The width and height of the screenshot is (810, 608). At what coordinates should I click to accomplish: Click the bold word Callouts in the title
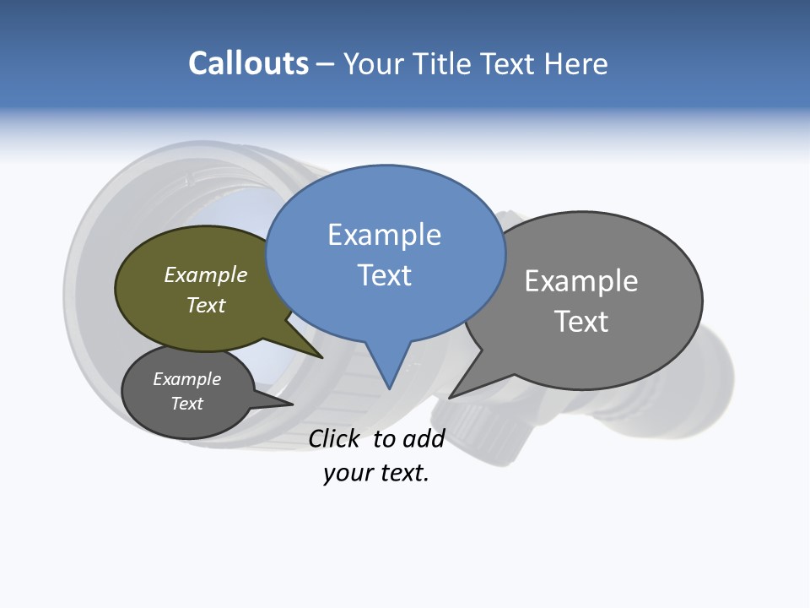pos(248,63)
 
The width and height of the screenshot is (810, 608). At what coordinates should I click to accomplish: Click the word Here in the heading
pos(576,63)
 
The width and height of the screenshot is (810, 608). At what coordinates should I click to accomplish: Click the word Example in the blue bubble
pos(384,235)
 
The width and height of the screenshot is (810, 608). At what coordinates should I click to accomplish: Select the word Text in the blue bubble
pos(384,275)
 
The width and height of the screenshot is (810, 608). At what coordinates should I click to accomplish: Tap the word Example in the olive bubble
pos(206,275)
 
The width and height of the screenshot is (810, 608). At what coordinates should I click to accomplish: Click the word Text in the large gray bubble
pos(581,322)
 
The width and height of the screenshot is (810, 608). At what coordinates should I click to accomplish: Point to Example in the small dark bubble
pos(186,379)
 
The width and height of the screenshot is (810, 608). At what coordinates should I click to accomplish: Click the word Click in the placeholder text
pos(333,438)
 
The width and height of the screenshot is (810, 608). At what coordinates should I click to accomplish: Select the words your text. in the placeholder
pos(376,473)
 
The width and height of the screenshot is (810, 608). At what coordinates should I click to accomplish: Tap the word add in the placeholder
pos(424,438)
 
